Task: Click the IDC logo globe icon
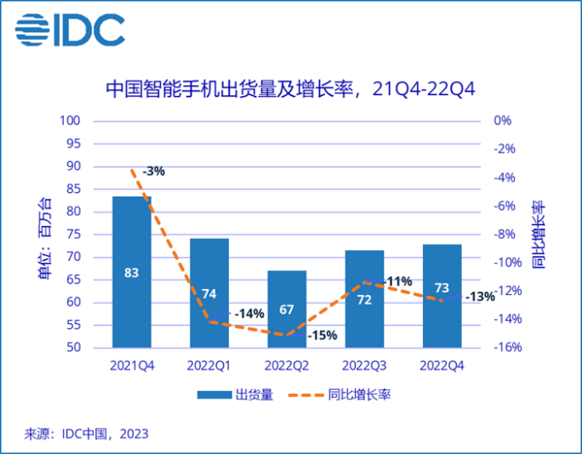tap(31, 31)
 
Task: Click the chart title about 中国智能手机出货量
tap(290, 88)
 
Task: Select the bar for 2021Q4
tap(132, 272)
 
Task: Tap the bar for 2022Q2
tap(287, 309)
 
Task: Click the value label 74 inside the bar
tap(209, 294)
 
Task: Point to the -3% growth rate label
tap(153, 171)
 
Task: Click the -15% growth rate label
tap(322, 335)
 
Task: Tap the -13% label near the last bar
tap(481, 297)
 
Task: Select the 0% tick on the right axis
tap(502, 121)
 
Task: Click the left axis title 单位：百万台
tap(44, 239)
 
